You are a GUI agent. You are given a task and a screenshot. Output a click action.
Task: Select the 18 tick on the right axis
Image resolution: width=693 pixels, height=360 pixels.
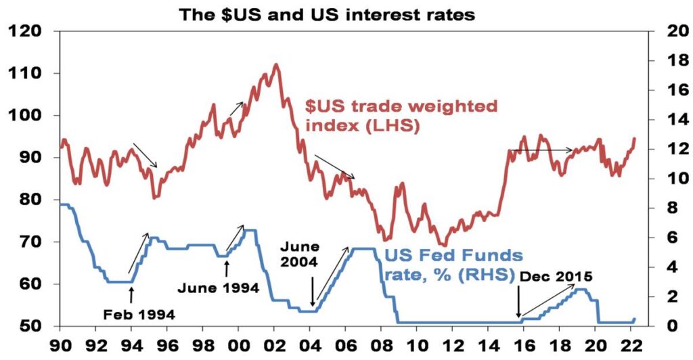pyautogui.click(x=665, y=61)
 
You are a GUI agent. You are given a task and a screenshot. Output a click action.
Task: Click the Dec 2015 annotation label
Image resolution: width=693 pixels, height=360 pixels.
pyautogui.click(x=557, y=276)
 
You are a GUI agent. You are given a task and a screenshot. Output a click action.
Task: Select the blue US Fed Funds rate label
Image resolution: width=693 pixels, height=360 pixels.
pyautogui.click(x=453, y=265)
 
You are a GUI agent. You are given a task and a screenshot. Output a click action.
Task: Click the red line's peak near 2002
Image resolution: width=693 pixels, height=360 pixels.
pyautogui.click(x=275, y=65)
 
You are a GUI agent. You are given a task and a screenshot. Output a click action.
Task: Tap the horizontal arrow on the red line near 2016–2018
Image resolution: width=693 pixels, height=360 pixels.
pyautogui.click(x=541, y=150)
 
